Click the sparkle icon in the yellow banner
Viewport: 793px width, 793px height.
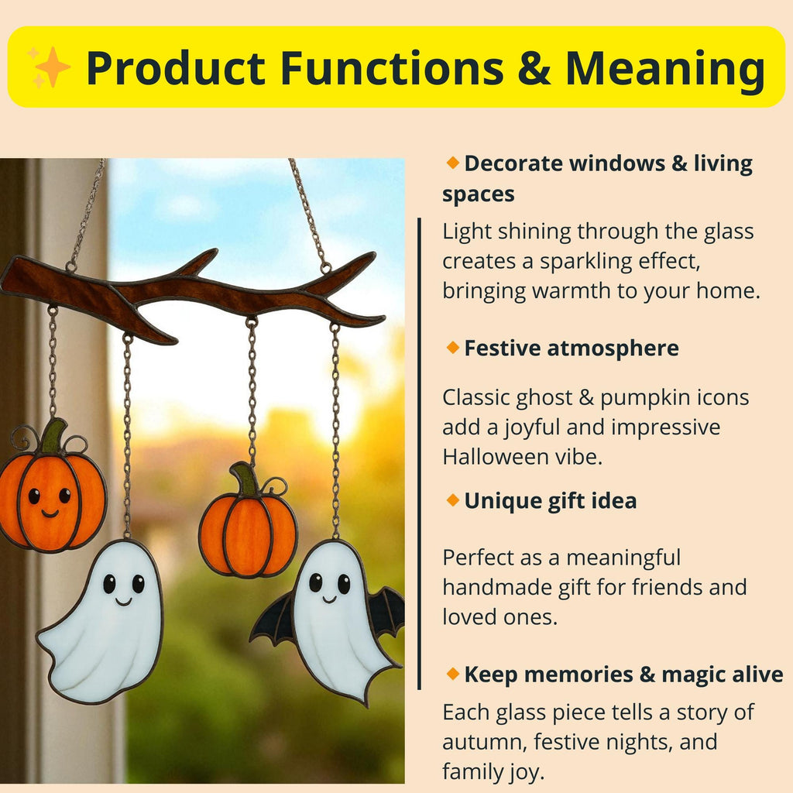[x=49, y=66]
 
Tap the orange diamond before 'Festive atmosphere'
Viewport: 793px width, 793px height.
[x=452, y=348]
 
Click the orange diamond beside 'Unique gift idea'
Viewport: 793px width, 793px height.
[x=452, y=500]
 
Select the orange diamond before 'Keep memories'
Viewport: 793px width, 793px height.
[x=452, y=674]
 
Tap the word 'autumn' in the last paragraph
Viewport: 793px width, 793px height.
[x=482, y=742]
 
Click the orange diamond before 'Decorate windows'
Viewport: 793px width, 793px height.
[x=452, y=163]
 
